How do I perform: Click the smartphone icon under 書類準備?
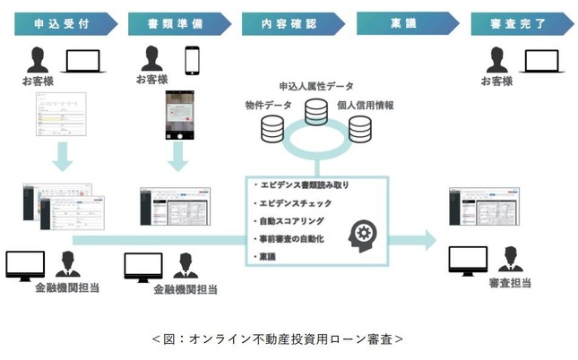pyautogui.click(x=192, y=60)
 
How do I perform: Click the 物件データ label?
pyautogui.click(x=267, y=106)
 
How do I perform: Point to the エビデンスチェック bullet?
pyautogui.click(x=299, y=202)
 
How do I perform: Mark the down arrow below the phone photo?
pyautogui.click(x=181, y=162)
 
